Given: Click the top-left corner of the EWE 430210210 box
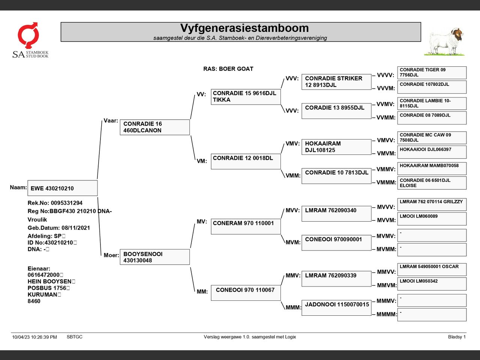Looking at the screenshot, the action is pos(28,180).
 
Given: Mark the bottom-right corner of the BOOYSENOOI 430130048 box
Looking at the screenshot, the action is pos(190,264).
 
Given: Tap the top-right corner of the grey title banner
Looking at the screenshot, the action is pos(421,22).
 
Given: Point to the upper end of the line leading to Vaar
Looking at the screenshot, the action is pos(102,121).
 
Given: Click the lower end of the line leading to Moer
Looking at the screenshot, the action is pos(101,255).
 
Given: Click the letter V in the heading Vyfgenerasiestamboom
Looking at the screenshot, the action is pos(184,28).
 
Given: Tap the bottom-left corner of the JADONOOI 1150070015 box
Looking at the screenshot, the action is pos(302,315).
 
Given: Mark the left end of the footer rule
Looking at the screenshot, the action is pos(11,333).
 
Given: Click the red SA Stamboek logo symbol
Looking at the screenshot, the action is pos(28,35).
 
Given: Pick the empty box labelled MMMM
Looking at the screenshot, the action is pos(432,315).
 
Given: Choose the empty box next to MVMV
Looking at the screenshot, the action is pos(432,235).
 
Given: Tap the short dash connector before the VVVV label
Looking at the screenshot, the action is pos(374,75).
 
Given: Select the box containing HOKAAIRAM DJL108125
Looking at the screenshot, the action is pos(336,147).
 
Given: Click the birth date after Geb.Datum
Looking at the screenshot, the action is pos(76,228).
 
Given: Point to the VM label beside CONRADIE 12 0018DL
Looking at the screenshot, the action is pos(202,161).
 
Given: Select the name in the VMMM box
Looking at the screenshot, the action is pos(425,183).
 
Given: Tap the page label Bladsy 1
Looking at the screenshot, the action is pos(457,337).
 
